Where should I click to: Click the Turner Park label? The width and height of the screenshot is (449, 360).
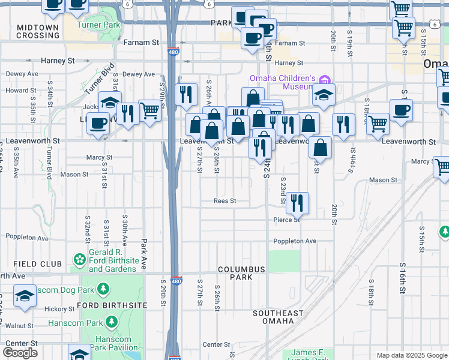point(99,25)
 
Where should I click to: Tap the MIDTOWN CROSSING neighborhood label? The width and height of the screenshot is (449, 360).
point(38,31)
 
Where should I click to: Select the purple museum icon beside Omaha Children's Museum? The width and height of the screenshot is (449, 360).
point(325,80)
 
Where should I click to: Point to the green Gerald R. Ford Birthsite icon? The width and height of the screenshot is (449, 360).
point(79,259)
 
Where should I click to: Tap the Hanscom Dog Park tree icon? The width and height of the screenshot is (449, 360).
point(104,290)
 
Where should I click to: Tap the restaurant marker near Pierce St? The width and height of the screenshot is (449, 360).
point(297,203)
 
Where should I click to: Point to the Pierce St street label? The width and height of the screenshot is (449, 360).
point(287,220)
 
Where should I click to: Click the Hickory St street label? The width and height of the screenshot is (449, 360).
point(59,308)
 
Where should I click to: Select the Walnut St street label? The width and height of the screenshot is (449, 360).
point(20,326)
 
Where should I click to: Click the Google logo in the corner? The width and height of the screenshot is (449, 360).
point(20,352)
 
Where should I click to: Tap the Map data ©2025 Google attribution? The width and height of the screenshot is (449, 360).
point(411,355)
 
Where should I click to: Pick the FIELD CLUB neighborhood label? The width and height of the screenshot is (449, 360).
point(37,264)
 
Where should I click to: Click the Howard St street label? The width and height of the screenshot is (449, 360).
point(17,91)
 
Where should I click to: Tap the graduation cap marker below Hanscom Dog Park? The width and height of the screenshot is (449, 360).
point(25,297)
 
